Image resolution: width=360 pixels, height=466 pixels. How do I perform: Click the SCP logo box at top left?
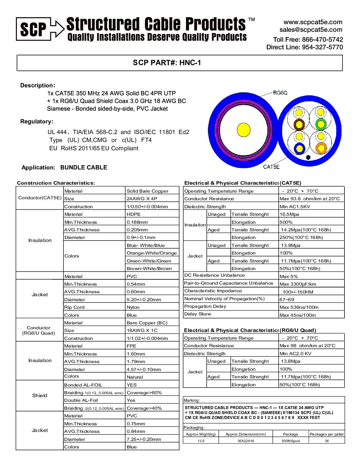pos(33,29)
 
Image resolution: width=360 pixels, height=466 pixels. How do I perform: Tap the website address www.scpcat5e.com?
pos(313,22)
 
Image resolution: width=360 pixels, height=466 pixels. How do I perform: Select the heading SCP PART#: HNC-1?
pos(167,63)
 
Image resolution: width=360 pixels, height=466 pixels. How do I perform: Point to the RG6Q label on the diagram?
pos(280,93)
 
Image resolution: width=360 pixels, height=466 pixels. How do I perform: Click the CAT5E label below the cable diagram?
pos(271,167)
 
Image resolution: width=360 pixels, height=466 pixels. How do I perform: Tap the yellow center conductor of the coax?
pos(244,129)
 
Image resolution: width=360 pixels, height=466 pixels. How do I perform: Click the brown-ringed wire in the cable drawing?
pos(299,125)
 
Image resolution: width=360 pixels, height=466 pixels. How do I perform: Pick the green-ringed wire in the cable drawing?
pos(320,124)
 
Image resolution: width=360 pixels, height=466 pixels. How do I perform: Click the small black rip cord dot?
pos(308,158)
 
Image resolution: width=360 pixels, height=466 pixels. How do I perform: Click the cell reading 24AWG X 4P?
pos(142,199)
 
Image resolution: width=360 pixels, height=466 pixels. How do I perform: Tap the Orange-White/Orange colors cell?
pos(152,253)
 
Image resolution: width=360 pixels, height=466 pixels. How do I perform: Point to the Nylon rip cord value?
pos(133,307)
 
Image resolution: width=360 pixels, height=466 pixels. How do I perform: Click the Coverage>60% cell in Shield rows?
pos(144,393)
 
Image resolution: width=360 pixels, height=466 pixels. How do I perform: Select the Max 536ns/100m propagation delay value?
pos(299,307)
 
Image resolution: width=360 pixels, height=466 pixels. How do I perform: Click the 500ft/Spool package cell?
pos(291,441)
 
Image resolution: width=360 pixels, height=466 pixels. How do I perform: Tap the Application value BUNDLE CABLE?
pos(84,167)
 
